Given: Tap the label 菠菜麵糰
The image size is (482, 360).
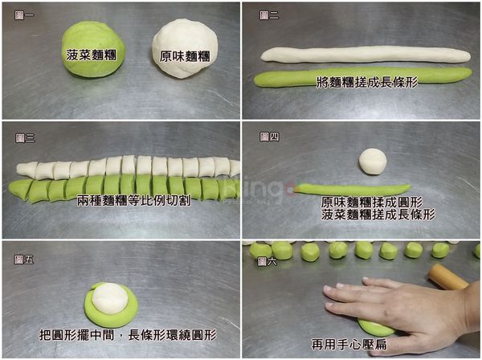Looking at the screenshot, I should (x=89, y=56).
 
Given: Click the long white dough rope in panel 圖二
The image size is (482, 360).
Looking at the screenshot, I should (x=366, y=55).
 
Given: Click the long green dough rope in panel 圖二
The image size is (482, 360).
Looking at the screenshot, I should (x=361, y=77).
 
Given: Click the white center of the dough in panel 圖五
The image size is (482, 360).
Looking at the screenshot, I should (x=108, y=298).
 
